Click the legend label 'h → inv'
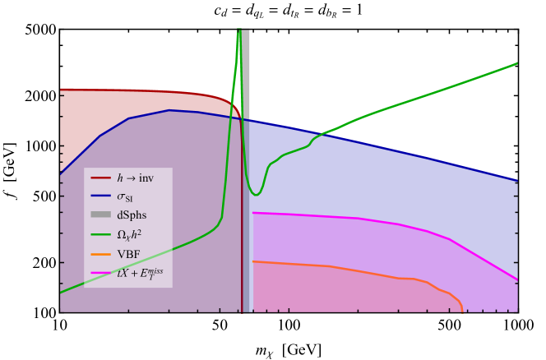135,178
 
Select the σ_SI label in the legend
125,196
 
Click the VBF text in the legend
128,253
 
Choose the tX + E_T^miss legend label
140,272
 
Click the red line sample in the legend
100,178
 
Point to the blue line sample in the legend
100,196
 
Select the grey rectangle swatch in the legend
100,215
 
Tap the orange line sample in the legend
100,253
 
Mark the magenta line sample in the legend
100,272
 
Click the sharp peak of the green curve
239,32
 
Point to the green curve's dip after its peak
257,194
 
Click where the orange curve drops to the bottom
462,310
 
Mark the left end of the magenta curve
253,213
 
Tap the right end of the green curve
516,63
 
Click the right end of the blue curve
516,178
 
